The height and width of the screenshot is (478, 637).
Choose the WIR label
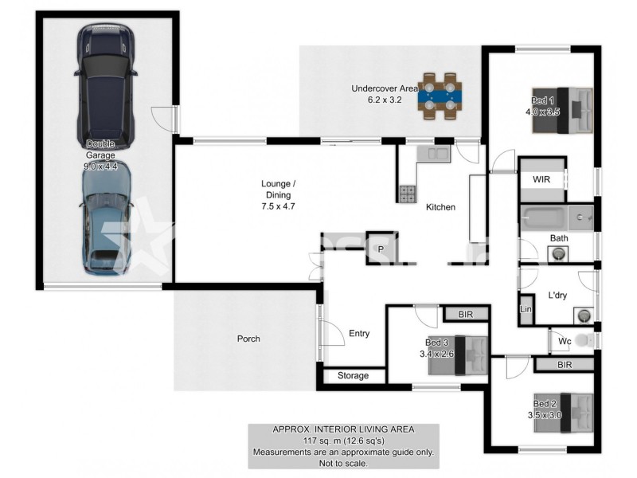pos(541,179)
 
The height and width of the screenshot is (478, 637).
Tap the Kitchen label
pos(440,207)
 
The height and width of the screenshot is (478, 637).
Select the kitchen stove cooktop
pos(407,193)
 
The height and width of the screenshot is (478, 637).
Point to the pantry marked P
pos(381,249)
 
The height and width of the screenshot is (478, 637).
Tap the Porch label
pos(248,339)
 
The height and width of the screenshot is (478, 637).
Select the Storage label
pos(353,375)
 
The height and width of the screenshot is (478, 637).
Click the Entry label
pos(359,333)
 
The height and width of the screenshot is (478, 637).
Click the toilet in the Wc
pos(587,341)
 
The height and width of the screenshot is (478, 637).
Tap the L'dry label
pos(557,296)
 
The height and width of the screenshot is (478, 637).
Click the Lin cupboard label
pos(526,309)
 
